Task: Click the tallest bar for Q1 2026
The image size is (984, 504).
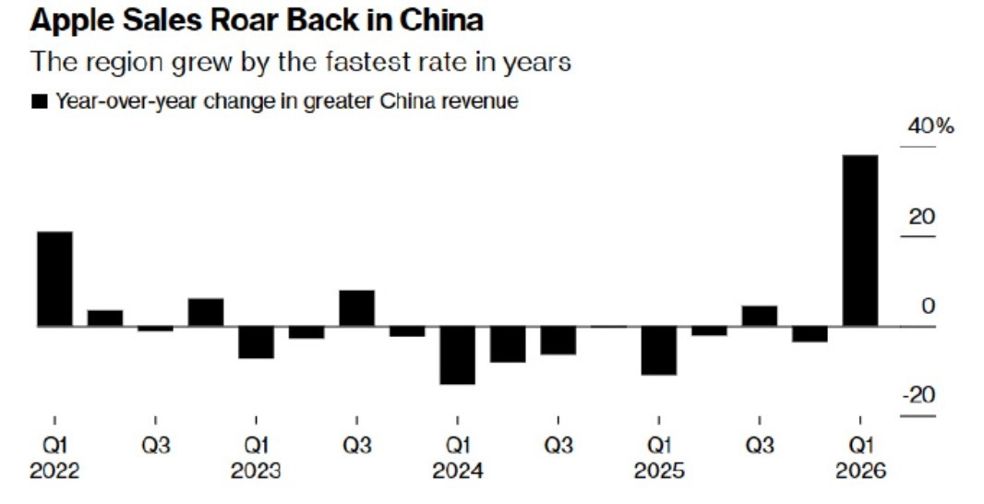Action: point(860,240)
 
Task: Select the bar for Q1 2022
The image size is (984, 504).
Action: point(54,278)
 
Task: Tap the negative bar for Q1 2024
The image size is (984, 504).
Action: point(457,354)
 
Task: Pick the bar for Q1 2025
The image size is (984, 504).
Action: point(658,350)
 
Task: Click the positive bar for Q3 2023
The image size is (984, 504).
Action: point(356,307)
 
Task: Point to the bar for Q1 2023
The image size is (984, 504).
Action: point(256,342)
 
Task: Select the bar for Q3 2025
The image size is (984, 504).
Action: point(759,315)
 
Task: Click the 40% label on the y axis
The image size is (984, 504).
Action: point(930,126)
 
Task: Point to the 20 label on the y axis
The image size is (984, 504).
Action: point(921,217)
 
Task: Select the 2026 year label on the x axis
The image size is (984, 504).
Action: point(859,471)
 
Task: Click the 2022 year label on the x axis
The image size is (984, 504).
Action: point(54,471)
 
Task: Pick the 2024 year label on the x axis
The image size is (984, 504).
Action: point(457,471)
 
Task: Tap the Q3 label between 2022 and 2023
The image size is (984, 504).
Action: point(155,445)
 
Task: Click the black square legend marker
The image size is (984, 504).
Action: point(39,102)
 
